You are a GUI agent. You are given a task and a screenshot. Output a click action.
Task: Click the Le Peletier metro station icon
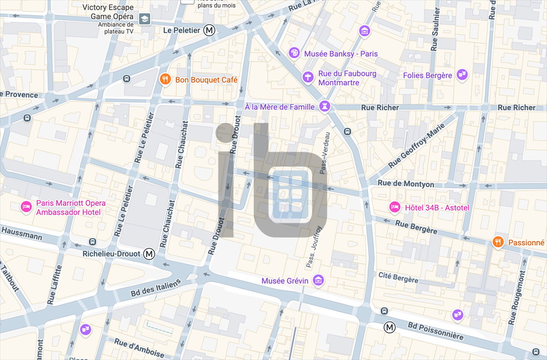(x=210, y=30)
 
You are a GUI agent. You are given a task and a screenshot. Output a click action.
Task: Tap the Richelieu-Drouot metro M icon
(x=150, y=254)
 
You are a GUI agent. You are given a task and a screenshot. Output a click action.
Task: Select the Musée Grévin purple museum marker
(x=318, y=280)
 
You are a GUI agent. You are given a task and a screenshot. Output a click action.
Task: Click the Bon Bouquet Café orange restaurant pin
(x=166, y=80)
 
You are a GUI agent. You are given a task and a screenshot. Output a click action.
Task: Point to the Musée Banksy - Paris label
(x=341, y=54)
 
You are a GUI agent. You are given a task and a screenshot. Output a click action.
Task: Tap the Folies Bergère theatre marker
(x=463, y=75)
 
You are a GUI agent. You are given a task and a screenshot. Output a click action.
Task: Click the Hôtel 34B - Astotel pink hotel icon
(x=395, y=207)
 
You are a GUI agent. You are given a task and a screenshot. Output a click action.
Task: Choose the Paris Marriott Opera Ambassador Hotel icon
(x=26, y=207)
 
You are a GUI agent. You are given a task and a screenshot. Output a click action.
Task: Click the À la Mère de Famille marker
(x=324, y=107)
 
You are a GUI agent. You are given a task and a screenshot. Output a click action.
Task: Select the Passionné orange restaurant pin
(x=498, y=242)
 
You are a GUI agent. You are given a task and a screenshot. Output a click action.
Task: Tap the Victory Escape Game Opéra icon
(x=144, y=20)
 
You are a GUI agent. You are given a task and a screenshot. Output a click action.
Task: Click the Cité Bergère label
(x=398, y=278)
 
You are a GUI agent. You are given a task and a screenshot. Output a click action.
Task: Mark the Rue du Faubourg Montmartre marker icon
(x=308, y=77)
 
